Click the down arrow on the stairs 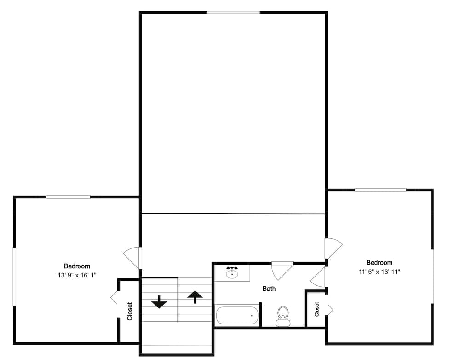pyautogui.click(x=159, y=302)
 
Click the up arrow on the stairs pyautogui.click(x=195, y=297)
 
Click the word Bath pyautogui.click(x=269, y=289)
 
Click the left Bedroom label pyautogui.click(x=77, y=266)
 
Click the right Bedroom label pyautogui.click(x=379, y=263)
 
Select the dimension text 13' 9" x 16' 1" pyautogui.click(x=77, y=275)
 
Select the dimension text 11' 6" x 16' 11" pyautogui.click(x=379, y=272)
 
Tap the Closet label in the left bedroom pyautogui.click(x=130, y=311)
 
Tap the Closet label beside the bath pyautogui.click(x=317, y=309)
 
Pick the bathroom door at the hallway pyautogui.click(x=282, y=270)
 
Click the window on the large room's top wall pyautogui.click(x=233, y=12)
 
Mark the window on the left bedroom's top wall pyautogui.click(x=68, y=197)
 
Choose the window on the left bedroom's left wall pyautogui.click(x=14, y=276)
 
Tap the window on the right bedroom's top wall pyautogui.click(x=380, y=190)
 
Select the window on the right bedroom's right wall pyautogui.click(x=432, y=276)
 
